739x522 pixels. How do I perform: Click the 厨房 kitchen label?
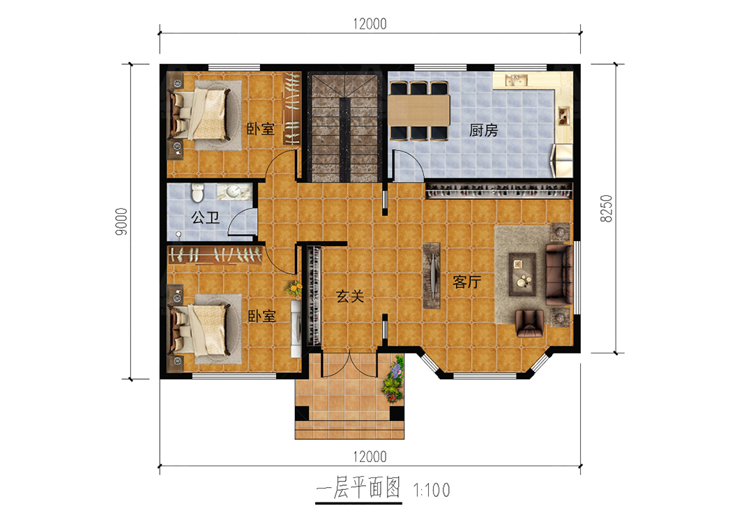pos(484,130)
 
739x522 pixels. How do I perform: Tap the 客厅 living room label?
pos(466,282)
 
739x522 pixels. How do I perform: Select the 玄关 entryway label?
pos(350,296)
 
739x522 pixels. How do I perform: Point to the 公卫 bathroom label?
pos(205,217)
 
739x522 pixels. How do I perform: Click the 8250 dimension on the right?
pos(606,208)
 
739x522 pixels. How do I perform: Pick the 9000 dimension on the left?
pos(121,222)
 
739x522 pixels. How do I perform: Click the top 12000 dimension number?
pos(370,24)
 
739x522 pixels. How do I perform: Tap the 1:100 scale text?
pos(432,491)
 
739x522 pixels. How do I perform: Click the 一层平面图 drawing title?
pos(358,487)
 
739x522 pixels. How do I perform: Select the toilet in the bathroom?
pos(197,192)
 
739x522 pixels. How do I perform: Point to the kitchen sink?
pos(516,81)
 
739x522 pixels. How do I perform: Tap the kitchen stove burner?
pos(563,116)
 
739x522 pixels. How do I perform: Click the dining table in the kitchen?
pos(419,110)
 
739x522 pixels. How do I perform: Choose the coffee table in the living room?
pos(522,274)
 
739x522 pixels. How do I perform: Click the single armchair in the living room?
pos(530,323)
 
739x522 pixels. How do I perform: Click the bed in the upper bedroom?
pos(201,114)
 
